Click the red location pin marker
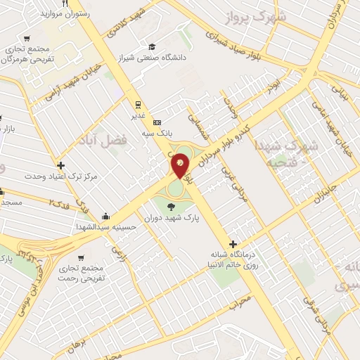(181, 165)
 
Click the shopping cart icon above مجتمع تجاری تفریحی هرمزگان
(27, 39)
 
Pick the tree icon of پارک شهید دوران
(172, 207)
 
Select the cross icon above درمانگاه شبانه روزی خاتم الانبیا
(233, 243)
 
